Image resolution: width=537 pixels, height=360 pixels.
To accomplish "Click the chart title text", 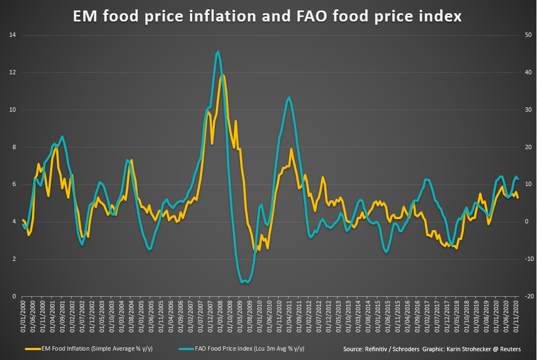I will click(268, 17).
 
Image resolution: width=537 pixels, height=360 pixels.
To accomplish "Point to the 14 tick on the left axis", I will click(12, 35).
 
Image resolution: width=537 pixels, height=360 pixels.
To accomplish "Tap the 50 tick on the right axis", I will click(528, 35).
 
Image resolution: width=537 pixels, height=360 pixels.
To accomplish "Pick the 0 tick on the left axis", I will click(13, 296).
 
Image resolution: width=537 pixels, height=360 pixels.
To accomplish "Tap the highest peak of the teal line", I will click(218, 52).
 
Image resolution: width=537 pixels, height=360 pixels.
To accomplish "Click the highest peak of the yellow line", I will click(222, 75).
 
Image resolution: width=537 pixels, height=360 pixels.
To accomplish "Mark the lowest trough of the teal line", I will click(243, 283).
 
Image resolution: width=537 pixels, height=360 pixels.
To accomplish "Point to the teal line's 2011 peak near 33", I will click(289, 97).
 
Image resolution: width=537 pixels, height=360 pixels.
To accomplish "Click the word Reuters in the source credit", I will click(510, 349).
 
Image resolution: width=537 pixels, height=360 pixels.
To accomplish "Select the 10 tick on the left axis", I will click(12, 110).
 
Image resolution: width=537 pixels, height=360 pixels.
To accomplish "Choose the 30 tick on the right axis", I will click(528, 110).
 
